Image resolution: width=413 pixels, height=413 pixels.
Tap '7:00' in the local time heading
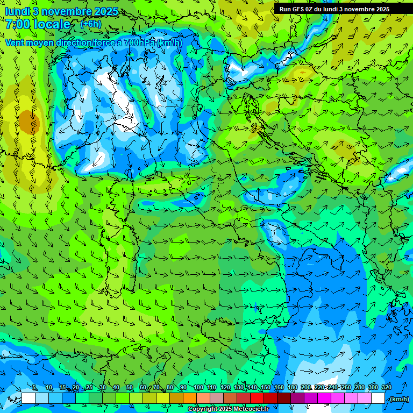(18, 25)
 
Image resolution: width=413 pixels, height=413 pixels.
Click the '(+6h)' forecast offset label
(90, 24)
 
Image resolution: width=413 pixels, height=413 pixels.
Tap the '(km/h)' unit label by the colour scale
(398, 399)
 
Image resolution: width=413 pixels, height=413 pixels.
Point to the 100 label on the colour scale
(198, 388)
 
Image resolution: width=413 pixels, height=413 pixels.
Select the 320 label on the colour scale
(387, 388)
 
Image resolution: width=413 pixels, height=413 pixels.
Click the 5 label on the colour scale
(34, 388)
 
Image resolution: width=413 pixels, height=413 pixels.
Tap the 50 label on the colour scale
(130, 388)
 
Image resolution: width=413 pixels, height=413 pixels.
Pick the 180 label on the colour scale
(292, 388)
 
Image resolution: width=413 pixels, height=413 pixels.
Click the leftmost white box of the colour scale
(29, 398)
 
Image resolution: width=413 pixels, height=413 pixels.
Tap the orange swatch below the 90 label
(190, 398)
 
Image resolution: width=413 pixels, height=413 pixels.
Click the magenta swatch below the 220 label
(324, 398)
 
